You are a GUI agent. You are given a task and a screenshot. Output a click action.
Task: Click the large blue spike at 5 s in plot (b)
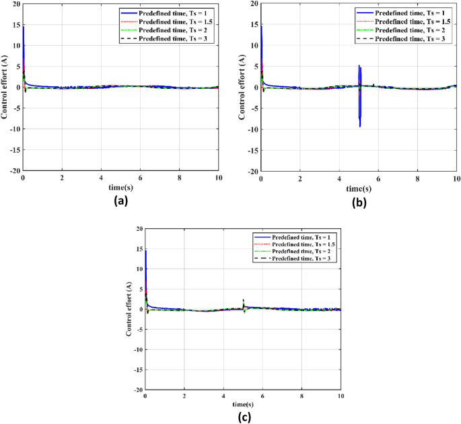point(360,101)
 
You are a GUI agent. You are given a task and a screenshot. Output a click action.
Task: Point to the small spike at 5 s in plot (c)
point(243,303)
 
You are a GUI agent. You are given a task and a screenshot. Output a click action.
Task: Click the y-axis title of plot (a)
point(5,87)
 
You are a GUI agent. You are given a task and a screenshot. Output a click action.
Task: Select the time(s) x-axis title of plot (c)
point(243,404)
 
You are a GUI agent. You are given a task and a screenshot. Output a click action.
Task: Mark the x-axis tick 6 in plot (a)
point(140,178)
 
